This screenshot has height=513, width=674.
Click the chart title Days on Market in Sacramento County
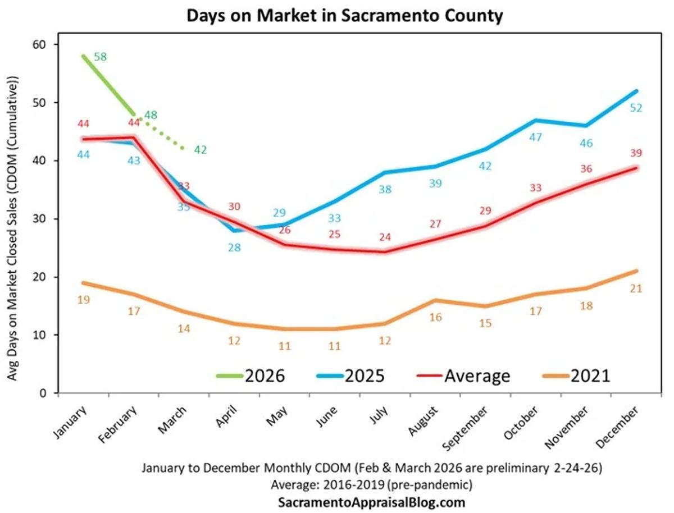click(344, 16)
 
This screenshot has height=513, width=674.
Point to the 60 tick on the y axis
click(45, 44)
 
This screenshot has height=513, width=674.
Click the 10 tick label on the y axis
click(45, 335)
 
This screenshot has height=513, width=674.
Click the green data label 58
click(101, 57)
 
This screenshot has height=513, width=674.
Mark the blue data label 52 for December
click(636, 108)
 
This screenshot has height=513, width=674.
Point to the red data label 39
click(636, 153)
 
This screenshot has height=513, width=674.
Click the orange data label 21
click(636, 288)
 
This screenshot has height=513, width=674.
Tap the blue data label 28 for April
click(235, 247)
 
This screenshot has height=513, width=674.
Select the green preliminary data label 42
click(201, 150)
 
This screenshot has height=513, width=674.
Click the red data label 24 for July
click(385, 237)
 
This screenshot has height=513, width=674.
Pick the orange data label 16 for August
click(436, 317)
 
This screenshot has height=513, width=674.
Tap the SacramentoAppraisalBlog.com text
click(372, 502)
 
